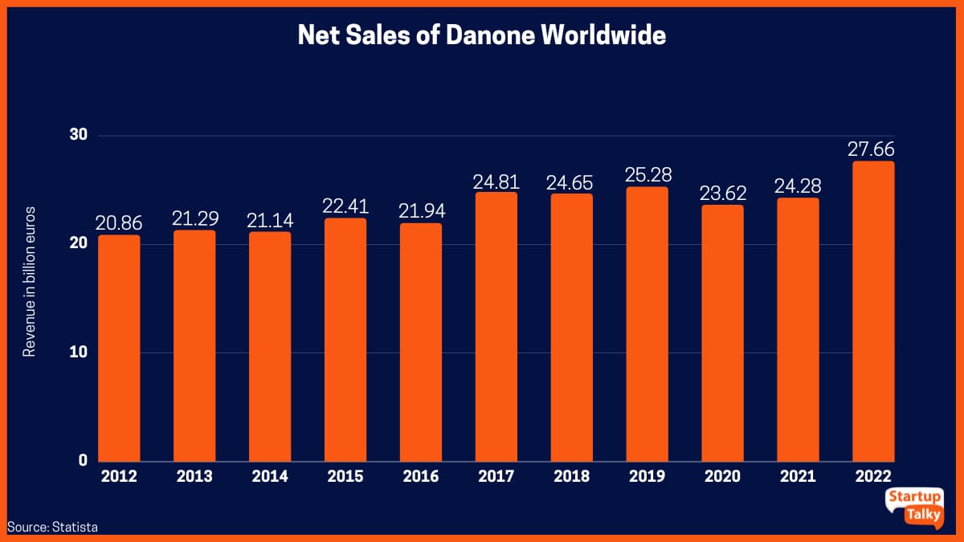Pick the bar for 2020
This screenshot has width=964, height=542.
(722, 333)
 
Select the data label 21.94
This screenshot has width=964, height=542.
(420, 211)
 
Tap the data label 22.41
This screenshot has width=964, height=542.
(345, 206)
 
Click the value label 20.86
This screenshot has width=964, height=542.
(119, 223)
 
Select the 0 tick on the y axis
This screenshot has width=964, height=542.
(82, 461)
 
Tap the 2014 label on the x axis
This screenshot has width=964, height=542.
(269, 477)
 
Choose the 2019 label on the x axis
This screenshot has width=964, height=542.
(647, 477)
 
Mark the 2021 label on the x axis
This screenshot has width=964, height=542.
(798, 477)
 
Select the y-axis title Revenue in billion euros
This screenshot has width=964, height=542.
(30, 282)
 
